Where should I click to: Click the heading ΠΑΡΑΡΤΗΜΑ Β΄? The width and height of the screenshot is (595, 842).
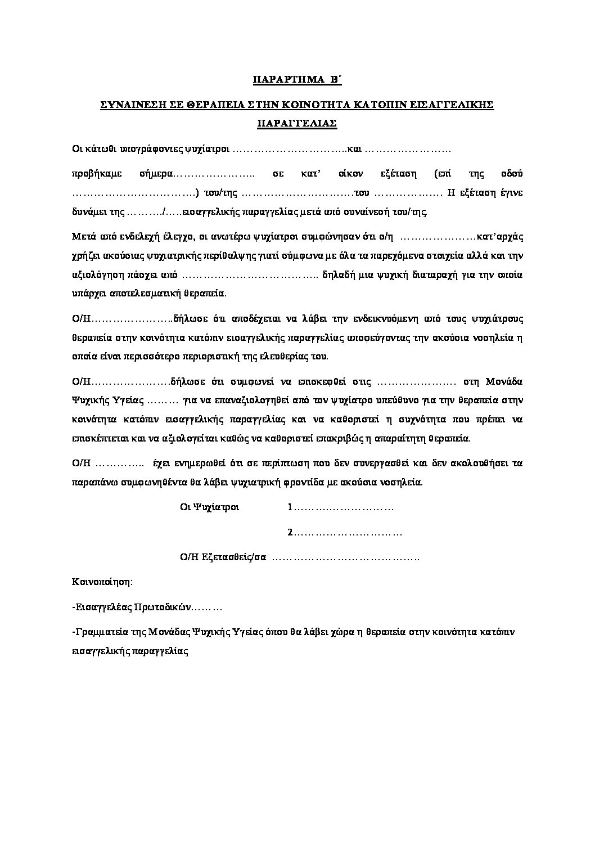(297, 80)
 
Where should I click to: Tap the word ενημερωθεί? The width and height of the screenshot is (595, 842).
(209, 463)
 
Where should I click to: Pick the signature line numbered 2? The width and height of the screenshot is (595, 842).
(344, 533)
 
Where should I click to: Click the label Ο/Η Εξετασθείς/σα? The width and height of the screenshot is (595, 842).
(222, 557)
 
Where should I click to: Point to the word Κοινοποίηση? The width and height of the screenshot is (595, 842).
(102, 582)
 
